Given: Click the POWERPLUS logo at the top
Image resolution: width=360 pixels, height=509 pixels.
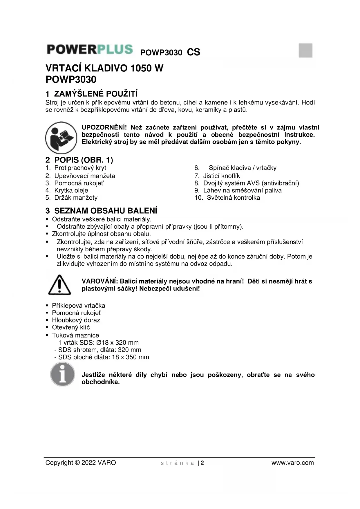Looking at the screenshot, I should [90, 50].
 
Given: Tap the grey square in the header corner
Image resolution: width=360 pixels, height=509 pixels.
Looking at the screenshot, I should [305, 50].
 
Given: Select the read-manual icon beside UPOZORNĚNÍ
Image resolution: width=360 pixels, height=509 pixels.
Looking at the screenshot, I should [61, 138].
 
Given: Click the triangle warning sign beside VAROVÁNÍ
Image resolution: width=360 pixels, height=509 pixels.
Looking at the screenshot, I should [59, 285].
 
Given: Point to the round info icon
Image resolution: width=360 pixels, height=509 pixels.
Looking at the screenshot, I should [62, 375].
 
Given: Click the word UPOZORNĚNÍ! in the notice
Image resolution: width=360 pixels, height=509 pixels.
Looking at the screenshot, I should [104, 127].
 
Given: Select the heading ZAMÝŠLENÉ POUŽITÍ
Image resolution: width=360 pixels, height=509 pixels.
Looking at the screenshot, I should [96, 94].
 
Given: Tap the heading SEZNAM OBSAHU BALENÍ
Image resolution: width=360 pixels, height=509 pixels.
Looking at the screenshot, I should [106, 211].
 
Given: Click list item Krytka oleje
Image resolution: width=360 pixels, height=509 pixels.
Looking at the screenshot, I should [71, 190].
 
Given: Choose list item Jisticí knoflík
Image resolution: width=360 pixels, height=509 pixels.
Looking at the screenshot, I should [221, 176].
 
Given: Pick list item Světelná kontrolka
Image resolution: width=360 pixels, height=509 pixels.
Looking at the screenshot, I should [233, 198].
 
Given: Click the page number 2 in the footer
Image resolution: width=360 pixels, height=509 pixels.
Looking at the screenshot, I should [202, 463].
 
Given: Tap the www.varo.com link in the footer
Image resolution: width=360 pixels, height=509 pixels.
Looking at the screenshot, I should [292, 463].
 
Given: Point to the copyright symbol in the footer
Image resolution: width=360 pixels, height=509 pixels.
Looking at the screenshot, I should [77, 463].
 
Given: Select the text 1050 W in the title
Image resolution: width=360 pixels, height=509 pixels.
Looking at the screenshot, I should [147, 68].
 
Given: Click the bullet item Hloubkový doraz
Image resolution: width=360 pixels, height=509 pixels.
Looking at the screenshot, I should [76, 320].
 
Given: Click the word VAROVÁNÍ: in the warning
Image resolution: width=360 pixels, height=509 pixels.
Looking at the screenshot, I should [100, 281].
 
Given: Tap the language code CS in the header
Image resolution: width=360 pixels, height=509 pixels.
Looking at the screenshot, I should [193, 52].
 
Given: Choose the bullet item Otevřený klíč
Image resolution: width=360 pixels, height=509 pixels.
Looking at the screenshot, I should [71, 327].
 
